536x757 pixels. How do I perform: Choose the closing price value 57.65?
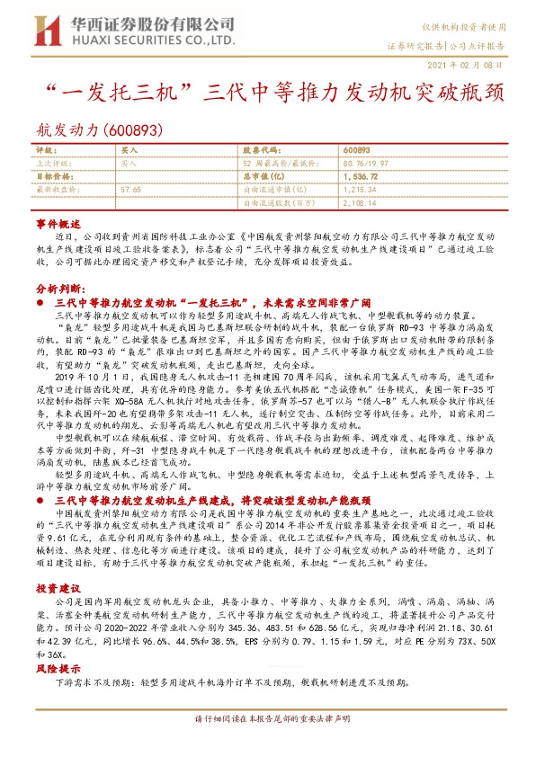[x=131, y=191]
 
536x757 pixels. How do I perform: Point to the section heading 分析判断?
[x=60, y=289]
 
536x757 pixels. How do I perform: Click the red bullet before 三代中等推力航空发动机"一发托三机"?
[x=41, y=305]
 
